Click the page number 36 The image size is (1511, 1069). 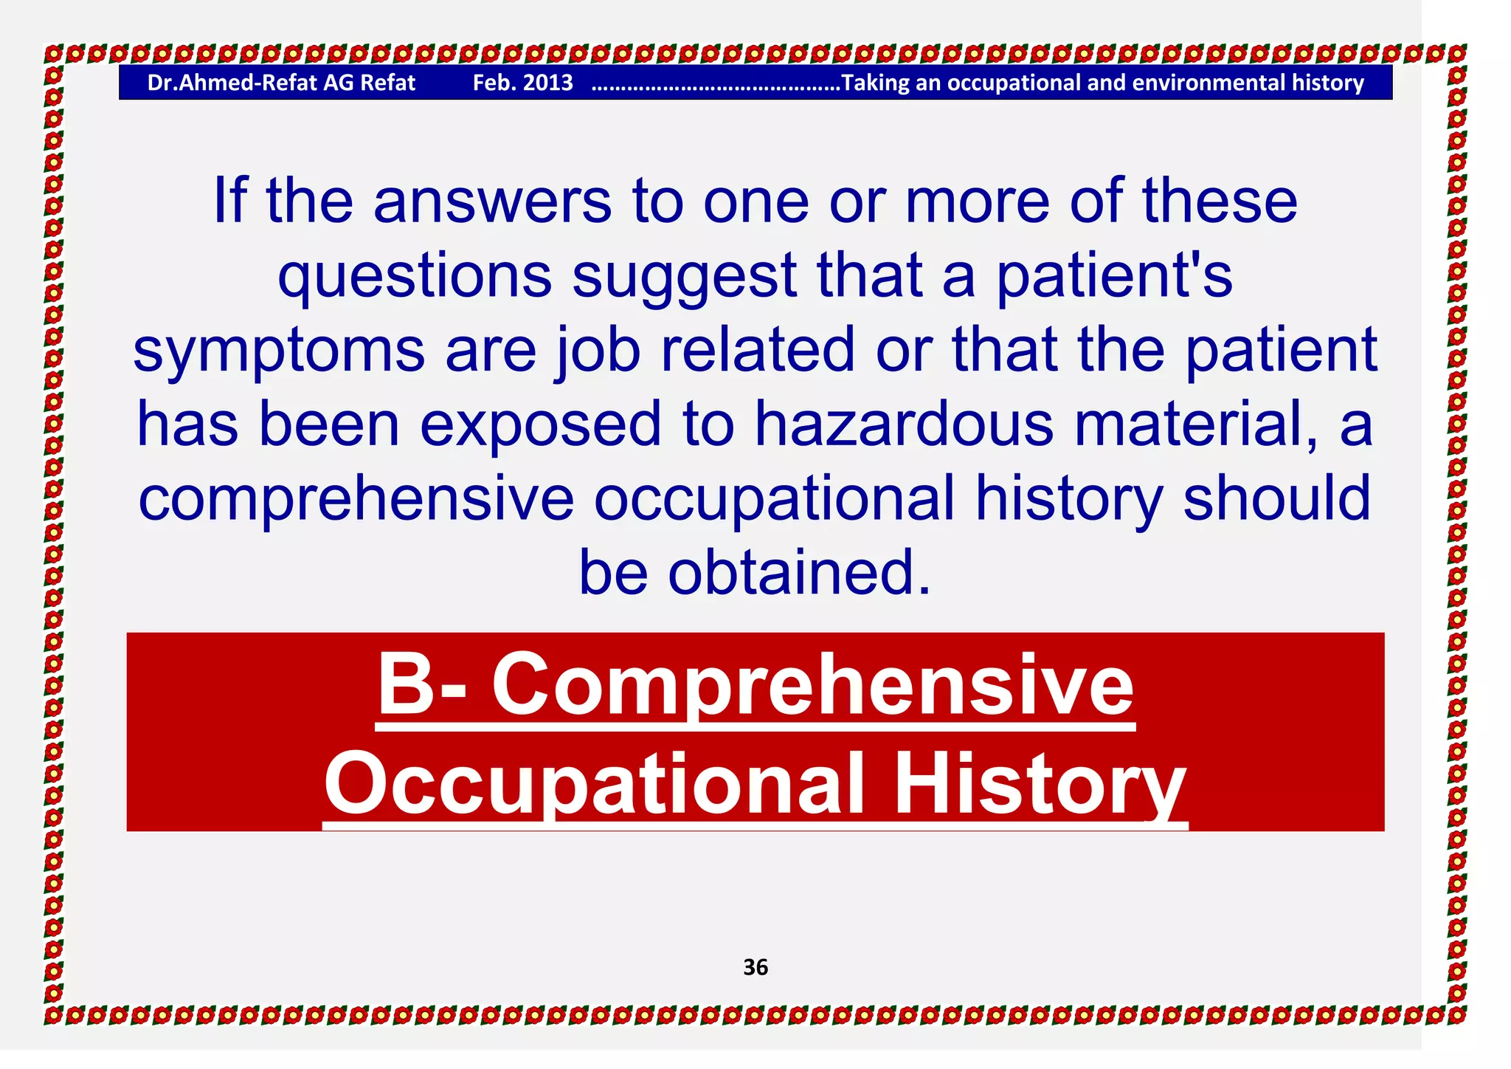[x=755, y=967]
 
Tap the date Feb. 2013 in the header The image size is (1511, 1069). [x=522, y=83]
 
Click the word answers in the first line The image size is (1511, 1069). [x=492, y=202]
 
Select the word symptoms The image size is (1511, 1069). [x=279, y=351]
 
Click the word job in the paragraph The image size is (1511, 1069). [x=598, y=350]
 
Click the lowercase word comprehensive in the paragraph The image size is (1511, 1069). [x=356, y=500]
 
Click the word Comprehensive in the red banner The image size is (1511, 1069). [x=812, y=687]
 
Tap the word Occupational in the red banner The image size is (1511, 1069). [x=594, y=784]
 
